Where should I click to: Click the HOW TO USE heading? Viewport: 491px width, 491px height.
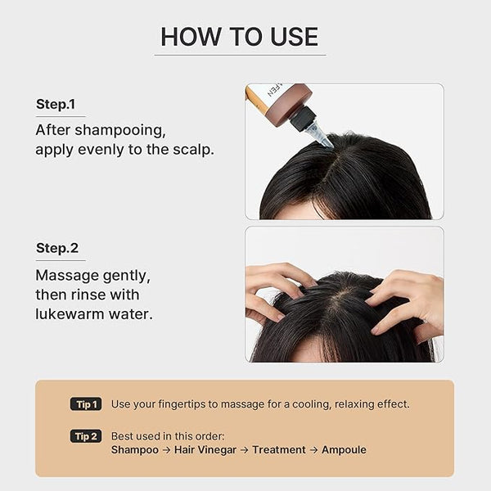click(x=240, y=37)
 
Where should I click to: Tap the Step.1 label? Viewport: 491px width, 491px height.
click(x=56, y=104)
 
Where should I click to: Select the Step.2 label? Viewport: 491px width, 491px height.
click(x=57, y=248)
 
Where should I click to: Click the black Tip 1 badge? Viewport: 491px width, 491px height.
click(x=86, y=404)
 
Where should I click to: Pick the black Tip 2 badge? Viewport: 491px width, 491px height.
click(x=86, y=436)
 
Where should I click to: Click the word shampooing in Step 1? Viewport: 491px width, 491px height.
click(x=120, y=131)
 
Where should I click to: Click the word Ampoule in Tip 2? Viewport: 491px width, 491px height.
click(x=344, y=449)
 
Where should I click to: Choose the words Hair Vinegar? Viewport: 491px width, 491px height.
click(x=205, y=449)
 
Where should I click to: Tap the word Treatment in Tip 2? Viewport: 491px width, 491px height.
click(x=279, y=449)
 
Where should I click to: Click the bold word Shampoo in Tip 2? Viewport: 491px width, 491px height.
click(x=135, y=450)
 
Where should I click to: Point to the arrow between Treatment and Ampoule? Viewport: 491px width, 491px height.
click(x=313, y=450)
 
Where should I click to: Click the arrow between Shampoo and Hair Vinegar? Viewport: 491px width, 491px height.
click(x=166, y=450)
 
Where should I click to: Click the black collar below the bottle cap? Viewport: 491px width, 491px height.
click(x=303, y=119)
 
